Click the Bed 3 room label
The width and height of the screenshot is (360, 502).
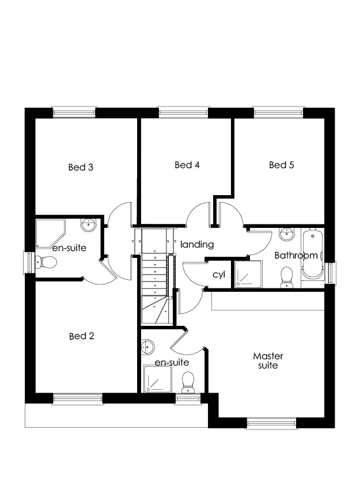[x=81, y=167]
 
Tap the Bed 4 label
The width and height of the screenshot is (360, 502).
[x=187, y=165]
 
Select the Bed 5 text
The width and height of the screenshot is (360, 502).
[x=282, y=165]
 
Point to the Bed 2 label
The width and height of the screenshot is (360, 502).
[x=82, y=336]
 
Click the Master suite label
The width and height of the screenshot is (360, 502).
[x=268, y=360]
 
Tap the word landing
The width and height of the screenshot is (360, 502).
[x=197, y=245]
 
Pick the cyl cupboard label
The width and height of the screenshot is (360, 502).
[x=219, y=275]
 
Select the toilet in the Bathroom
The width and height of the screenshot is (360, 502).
[x=287, y=277]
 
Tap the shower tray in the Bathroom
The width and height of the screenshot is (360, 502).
[x=248, y=274]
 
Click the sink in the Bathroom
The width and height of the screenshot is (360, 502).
[x=286, y=234]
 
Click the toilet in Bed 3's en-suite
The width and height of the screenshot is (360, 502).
[x=47, y=263]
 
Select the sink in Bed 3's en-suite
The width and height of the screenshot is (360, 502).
[x=89, y=225]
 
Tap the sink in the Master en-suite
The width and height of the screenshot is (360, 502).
[x=147, y=347]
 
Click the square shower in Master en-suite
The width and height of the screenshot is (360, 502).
[x=158, y=379]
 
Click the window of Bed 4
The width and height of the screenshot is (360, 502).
[x=184, y=112]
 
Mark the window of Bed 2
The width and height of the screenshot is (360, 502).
[x=78, y=399]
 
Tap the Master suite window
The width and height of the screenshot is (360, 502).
[x=272, y=424]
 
